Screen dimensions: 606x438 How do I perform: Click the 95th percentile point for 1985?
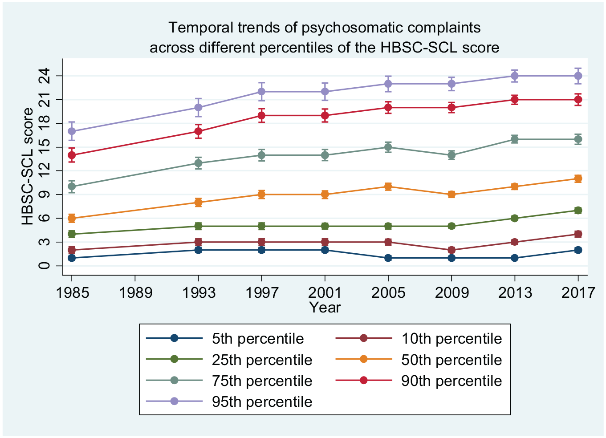tap(72, 131)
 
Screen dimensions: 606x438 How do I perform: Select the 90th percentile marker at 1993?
tap(198, 131)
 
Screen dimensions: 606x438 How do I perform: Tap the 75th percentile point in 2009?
tap(451, 155)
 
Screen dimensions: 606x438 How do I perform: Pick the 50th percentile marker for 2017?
tap(578, 178)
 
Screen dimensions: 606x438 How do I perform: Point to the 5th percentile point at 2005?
tap(388, 258)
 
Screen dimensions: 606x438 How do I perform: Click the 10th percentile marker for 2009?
tap(451, 250)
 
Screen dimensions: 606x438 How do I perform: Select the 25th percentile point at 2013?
tap(515, 218)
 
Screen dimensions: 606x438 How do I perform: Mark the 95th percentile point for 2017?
tap(578, 76)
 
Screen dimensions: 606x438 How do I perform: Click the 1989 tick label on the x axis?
tap(135, 293)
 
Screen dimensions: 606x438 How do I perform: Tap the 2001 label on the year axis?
tap(325, 293)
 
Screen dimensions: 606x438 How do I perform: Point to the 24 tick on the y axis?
tap(45, 76)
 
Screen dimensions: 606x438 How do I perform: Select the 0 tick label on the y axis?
tap(45, 265)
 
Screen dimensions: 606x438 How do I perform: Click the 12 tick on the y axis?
tap(45, 170)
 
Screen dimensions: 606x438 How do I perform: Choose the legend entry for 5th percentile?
tap(225, 338)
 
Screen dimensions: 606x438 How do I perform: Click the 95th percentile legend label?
tap(262, 402)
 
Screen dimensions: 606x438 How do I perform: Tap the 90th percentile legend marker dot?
tap(364, 381)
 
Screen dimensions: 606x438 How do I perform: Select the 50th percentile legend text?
tap(451, 360)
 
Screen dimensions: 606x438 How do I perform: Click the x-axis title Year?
tap(325, 308)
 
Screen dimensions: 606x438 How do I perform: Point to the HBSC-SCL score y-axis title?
tap(28, 166)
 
